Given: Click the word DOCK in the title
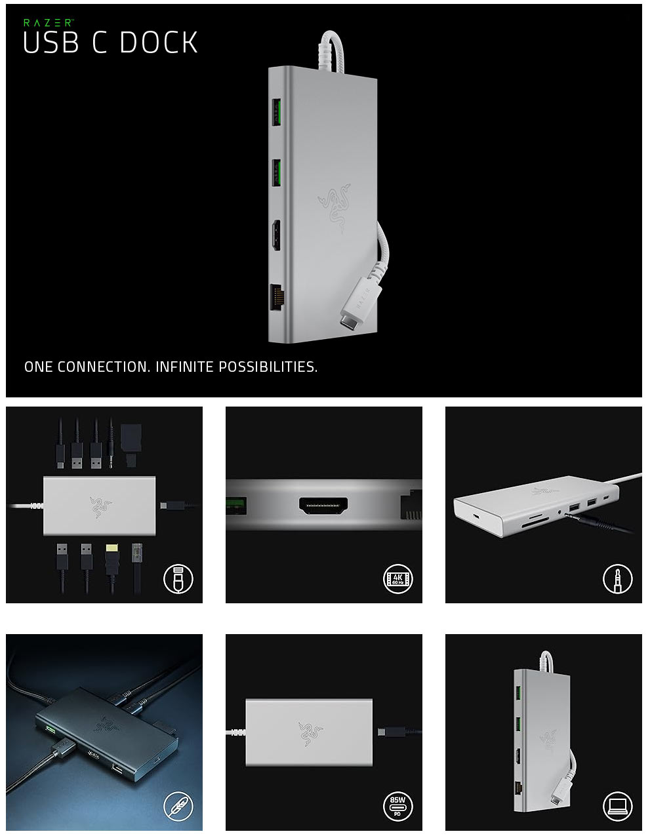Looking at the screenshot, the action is (x=159, y=43).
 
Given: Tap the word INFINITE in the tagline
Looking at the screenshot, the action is (x=184, y=367).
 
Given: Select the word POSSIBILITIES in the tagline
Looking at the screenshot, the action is (x=268, y=367).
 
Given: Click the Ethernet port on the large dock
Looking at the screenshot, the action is (x=277, y=297).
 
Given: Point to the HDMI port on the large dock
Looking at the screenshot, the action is (x=276, y=235).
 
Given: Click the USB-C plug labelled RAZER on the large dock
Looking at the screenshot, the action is (x=360, y=302).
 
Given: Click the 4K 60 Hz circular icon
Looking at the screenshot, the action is (x=397, y=579).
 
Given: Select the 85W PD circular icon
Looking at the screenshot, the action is (x=397, y=807).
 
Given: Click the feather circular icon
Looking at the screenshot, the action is (x=178, y=807).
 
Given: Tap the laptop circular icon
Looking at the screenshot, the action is (x=617, y=807).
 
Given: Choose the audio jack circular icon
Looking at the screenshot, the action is (x=617, y=579).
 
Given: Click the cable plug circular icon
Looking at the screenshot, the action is (x=178, y=579).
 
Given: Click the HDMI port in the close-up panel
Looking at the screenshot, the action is (x=323, y=505).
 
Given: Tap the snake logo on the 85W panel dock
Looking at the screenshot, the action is (x=310, y=733).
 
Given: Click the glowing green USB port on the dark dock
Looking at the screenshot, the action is (x=50, y=729).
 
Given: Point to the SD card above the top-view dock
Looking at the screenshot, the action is (x=131, y=445).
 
